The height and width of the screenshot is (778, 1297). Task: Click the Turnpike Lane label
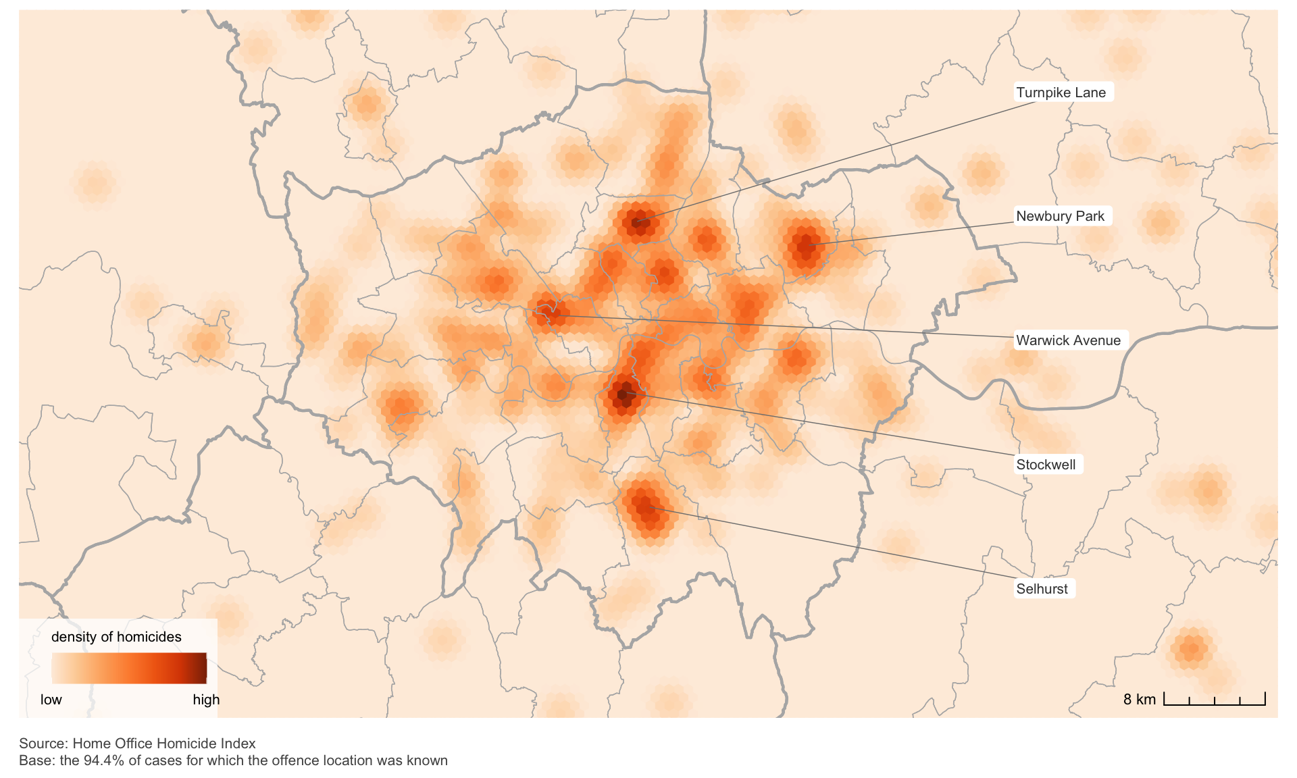(1061, 93)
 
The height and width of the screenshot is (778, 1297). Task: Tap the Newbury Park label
(1060, 216)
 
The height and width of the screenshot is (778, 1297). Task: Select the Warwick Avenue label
(1068, 340)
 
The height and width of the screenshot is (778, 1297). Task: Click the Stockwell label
(1046, 465)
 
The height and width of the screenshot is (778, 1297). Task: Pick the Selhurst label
(1042, 589)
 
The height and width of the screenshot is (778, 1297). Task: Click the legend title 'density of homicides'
(116, 637)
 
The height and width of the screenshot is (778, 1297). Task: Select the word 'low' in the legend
(51, 700)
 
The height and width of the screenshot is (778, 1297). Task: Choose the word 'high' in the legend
(206, 700)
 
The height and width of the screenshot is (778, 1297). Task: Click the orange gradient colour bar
(128, 669)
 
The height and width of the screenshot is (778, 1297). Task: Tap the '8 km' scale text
(1139, 700)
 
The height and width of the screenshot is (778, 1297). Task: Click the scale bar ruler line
(1214, 704)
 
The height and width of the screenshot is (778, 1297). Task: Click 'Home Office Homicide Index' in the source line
(164, 744)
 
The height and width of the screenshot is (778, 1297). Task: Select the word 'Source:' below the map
(43, 744)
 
